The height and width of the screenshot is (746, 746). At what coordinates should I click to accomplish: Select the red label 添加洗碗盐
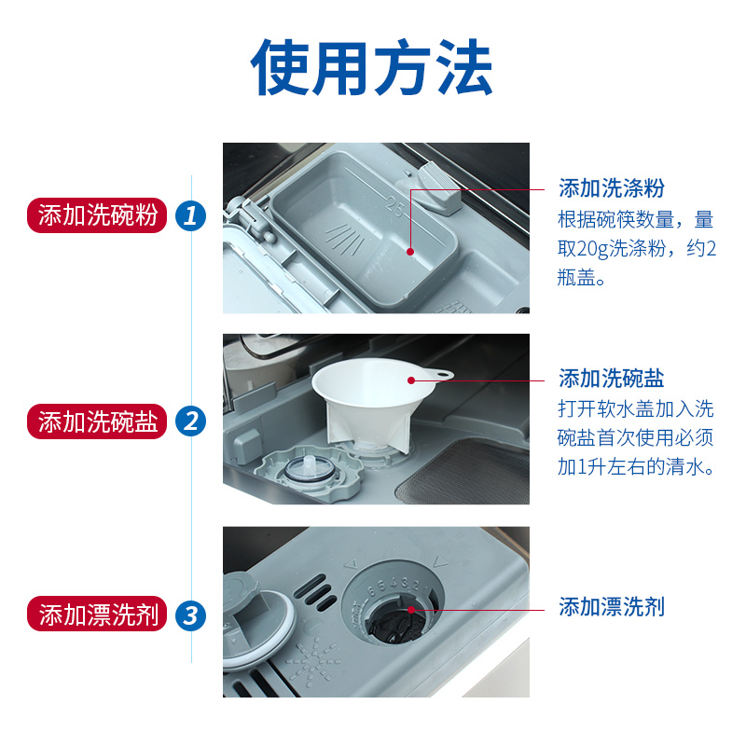click(99, 421)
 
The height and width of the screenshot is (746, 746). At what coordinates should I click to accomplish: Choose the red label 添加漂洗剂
click(99, 615)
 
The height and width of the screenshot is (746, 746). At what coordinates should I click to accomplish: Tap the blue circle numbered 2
click(191, 421)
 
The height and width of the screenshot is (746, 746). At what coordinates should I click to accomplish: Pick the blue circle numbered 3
click(191, 615)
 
